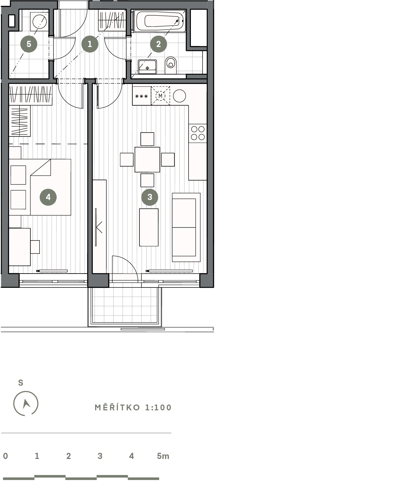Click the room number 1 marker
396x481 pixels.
pos(90,44)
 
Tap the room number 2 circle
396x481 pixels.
pos(159,44)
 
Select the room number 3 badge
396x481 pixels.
pos(150,197)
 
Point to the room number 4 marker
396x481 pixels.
pos(48,197)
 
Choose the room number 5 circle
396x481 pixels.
pos(29,44)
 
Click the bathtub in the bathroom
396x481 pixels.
pos(159,21)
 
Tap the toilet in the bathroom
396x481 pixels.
pos(170,65)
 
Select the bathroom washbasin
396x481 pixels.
pos(148,67)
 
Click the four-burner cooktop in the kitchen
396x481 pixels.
pos(198,133)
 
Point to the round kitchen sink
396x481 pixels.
pos(179,96)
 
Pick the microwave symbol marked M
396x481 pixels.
pos(160,96)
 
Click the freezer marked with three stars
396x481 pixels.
pos(141,96)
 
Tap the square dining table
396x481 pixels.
pos(147,160)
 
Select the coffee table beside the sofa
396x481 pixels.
pos(149,227)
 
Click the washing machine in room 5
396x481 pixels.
pos(39,21)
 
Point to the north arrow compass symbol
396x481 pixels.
pos(26,403)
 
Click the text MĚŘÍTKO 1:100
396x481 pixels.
pos(133,407)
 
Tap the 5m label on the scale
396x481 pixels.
pos(163,456)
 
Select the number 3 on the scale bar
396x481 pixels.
pos(100,456)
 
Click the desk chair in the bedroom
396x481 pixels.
pos(35,247)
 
